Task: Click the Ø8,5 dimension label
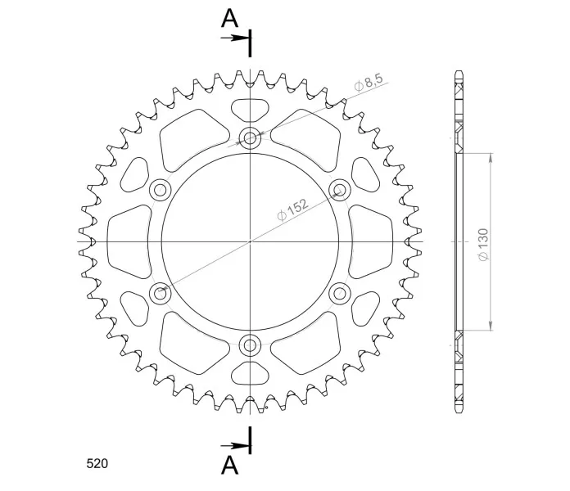click(369, 83)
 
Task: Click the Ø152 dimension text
click(292, 210)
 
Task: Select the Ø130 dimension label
click(483, 245)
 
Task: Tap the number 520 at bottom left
click(97, 464)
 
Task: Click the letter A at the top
click(230, 19)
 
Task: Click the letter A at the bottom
click(230, 465)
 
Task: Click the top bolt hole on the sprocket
click(250, 138)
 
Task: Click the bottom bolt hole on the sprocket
click(250, 345)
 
